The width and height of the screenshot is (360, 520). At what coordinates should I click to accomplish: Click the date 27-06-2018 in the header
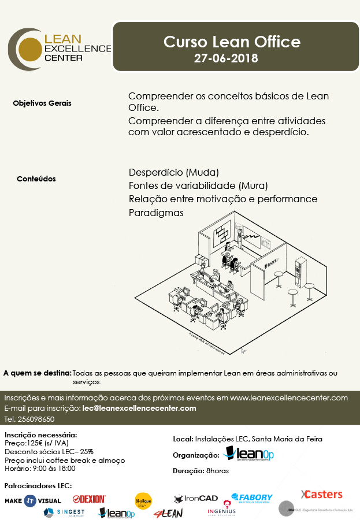(226, 58)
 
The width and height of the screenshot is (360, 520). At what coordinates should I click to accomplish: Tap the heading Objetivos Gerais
(42, 103)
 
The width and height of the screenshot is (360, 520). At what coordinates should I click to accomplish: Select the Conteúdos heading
(36, 179)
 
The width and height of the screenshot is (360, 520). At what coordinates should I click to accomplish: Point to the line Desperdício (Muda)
(174, 172)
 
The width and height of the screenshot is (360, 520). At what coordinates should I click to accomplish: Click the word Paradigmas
(156, 213)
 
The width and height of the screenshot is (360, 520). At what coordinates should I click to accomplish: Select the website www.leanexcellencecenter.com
(289, 398)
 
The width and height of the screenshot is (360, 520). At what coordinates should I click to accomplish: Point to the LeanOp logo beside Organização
(248, 454)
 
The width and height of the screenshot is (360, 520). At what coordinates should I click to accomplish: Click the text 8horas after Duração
(217, 471)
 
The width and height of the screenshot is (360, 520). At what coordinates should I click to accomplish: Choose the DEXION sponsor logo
(90, 499)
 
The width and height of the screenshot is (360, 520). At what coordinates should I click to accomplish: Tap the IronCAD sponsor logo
(196, 498)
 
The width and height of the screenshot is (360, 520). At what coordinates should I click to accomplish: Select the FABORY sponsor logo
(252, 498)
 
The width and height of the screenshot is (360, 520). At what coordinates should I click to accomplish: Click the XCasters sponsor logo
(322, 494)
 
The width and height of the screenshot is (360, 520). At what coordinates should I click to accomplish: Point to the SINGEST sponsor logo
(64, 512)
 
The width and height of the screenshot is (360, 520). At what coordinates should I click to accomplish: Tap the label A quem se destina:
(37, 373)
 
